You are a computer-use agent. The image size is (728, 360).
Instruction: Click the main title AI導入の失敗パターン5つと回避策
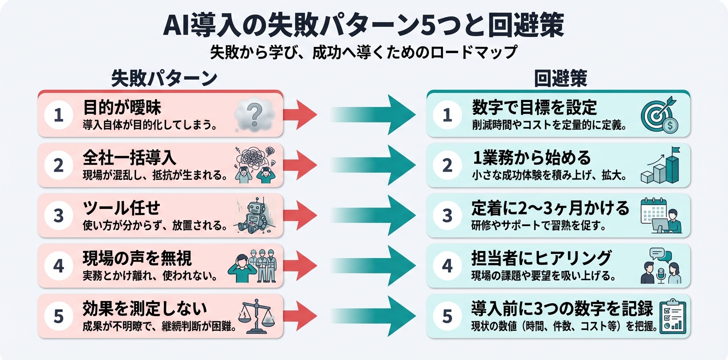click(364, 25)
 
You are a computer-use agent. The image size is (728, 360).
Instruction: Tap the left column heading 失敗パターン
click(163, 78)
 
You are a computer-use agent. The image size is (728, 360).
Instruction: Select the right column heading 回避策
click(560, 78)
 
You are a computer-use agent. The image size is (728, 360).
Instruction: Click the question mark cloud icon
click(254, 114)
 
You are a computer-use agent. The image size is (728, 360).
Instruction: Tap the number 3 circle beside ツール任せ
click(59, 215)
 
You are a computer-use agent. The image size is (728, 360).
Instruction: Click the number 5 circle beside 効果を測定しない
click(59, 316)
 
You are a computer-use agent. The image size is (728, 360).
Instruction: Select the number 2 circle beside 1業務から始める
click(447, 165)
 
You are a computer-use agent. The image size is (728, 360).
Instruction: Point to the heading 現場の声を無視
click(137, 258)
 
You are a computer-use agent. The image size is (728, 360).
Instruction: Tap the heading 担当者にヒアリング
click(541, 258)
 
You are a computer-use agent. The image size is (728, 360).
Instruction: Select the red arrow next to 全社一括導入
click(300, 165)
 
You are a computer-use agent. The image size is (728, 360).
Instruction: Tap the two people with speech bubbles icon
click(660, 266)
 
